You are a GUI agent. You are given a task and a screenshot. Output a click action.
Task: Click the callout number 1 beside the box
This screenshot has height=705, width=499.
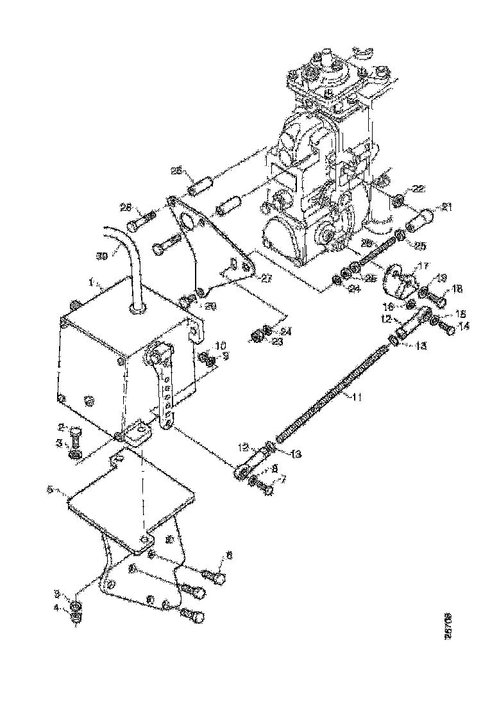(92, 281)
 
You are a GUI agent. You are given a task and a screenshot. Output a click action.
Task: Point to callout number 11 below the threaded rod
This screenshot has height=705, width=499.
(356, 397)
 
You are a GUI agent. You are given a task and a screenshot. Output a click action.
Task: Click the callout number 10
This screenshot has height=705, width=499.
(221, 345)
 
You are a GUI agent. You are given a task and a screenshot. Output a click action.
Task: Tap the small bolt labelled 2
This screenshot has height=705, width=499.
(74, 442)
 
